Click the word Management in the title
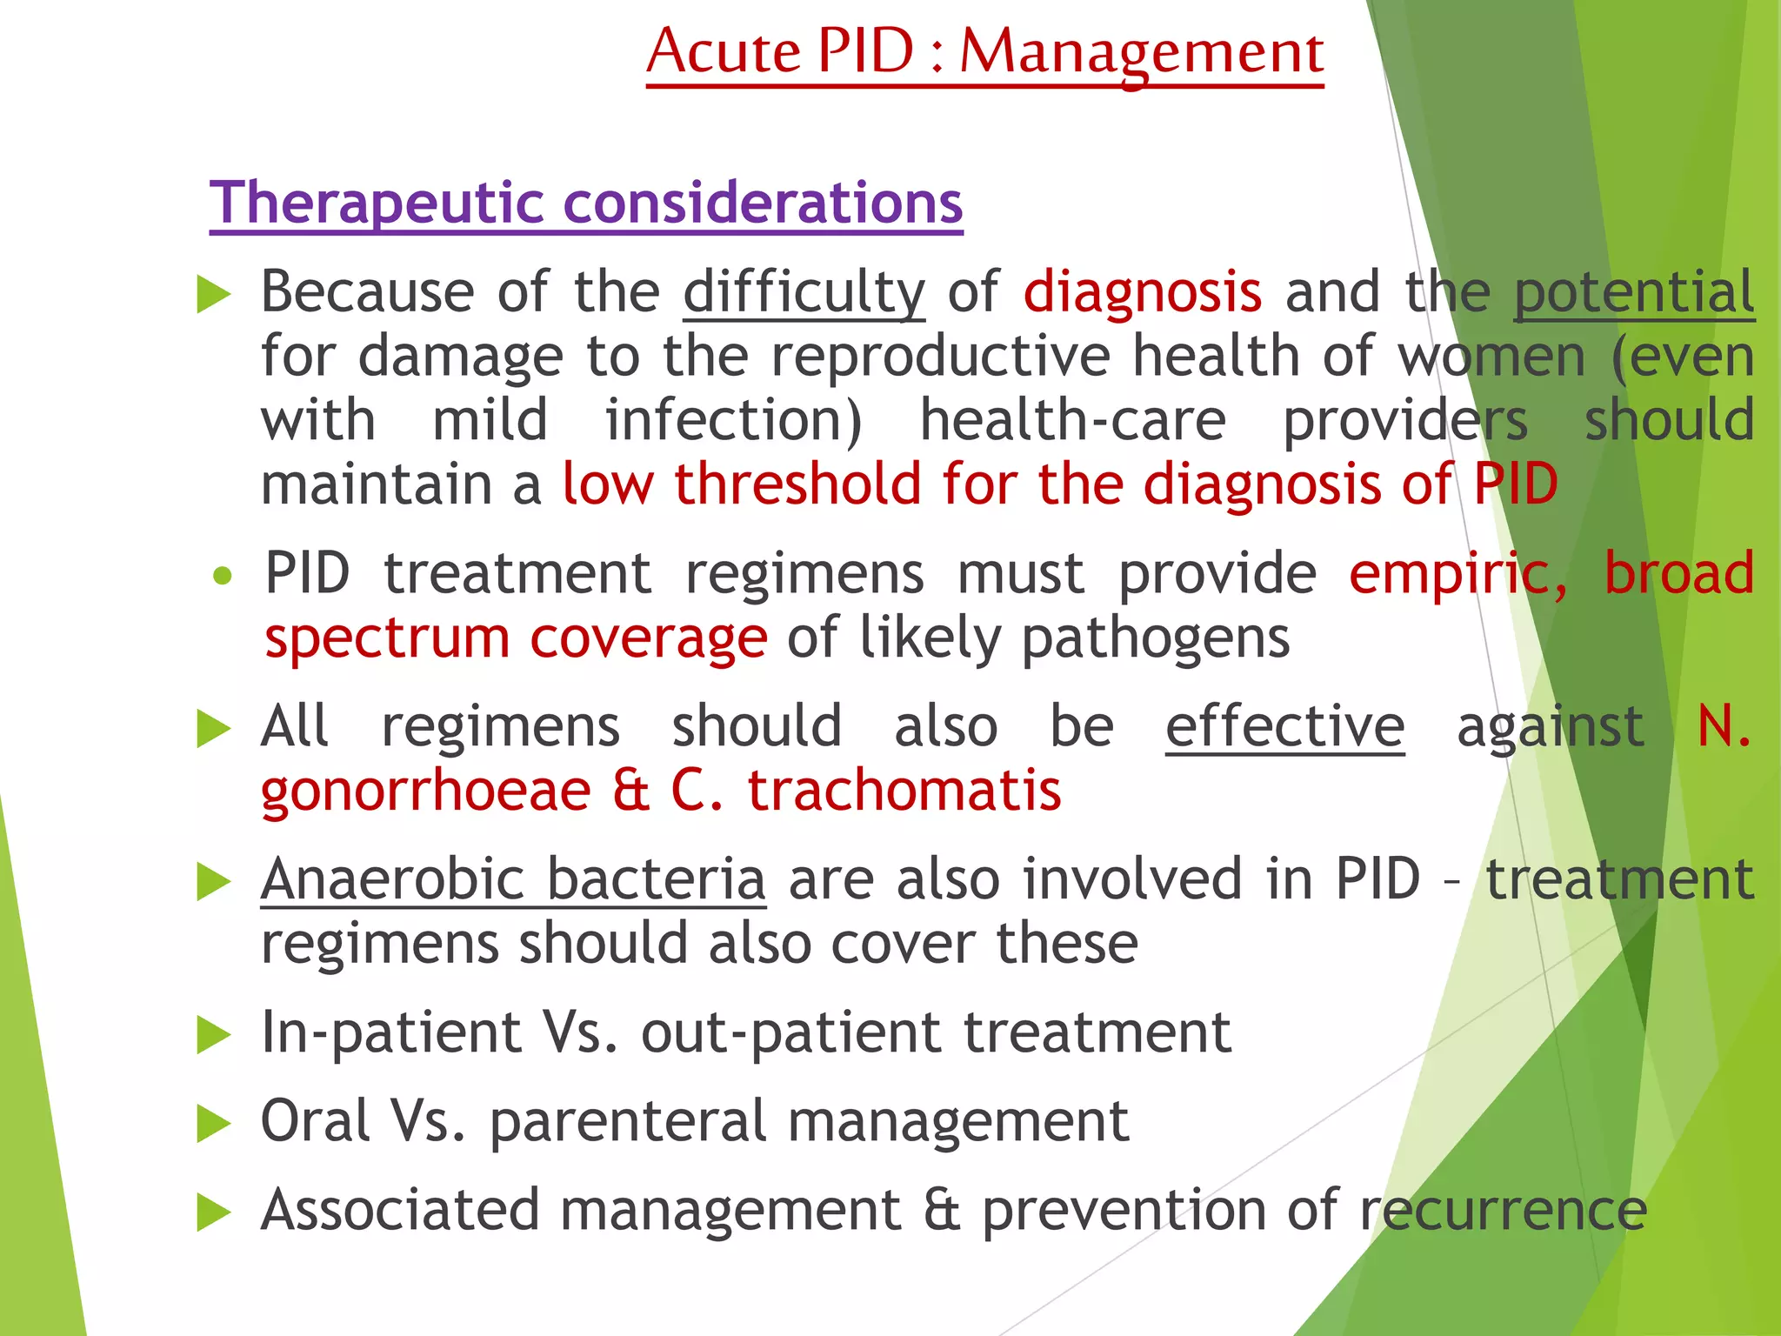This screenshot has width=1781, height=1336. (1141, 52)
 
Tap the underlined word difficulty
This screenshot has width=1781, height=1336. (804, 292)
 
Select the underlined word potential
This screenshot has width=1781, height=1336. (1634, 292)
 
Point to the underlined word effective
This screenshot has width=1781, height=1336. (1284, 726)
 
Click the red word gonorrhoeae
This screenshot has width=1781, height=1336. (426, 791)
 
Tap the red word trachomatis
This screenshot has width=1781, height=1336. (904, 791)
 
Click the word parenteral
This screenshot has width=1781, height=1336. (628, 1121)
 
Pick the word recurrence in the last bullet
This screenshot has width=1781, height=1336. (1503, 1210)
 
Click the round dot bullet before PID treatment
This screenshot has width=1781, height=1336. (223, 576)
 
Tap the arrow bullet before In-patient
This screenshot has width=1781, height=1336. (213, 1035)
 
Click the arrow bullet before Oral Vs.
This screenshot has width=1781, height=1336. (213, 1124)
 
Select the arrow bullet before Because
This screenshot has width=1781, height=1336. (213, 294)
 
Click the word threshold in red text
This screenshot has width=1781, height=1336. (797, 484)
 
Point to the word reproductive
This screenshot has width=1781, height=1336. (941, 357)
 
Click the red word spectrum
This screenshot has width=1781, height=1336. (386, 638)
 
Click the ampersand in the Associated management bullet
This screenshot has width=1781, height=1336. (942, 1210)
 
